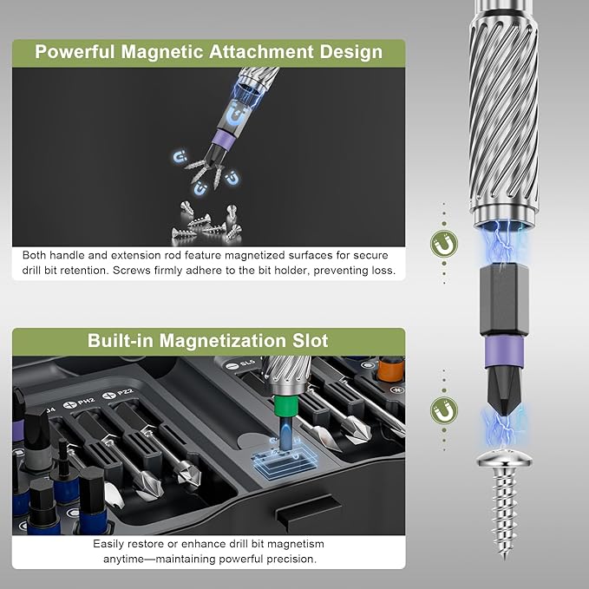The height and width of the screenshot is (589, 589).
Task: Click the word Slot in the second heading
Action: click(x=308, y=340)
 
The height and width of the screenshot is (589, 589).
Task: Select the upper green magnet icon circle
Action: click(x=444, y=246)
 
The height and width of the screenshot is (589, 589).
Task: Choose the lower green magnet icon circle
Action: click(x=444, y=411)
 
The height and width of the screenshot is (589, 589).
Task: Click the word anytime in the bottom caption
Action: click(x=126, y=560)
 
